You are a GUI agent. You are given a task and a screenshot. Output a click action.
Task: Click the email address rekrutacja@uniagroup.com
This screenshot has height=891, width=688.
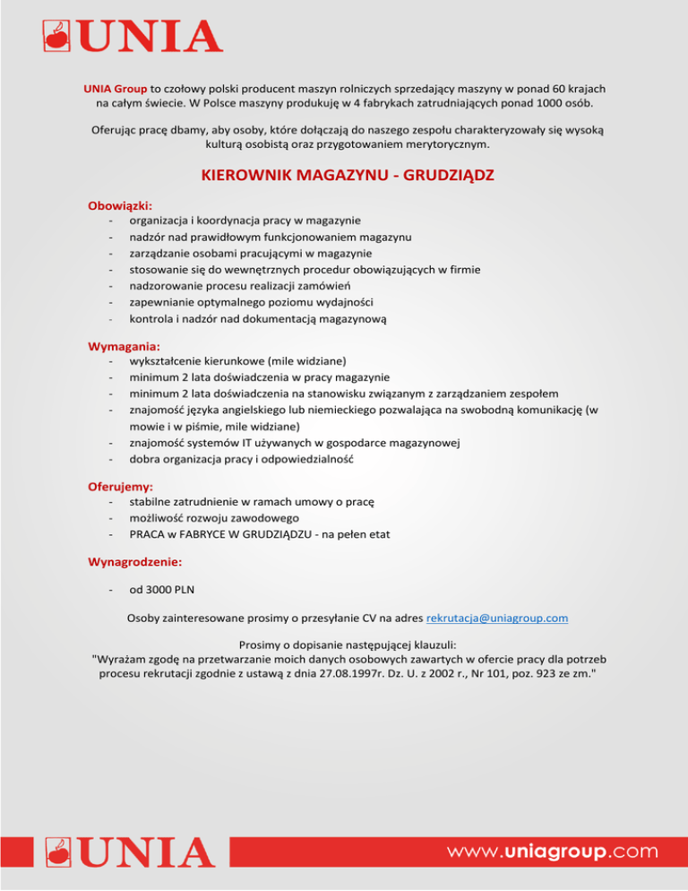point(497,618)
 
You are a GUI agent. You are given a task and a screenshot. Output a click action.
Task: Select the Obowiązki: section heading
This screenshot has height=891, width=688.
point(119,205)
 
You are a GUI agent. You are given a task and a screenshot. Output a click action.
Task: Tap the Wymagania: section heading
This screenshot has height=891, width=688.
point(124,345)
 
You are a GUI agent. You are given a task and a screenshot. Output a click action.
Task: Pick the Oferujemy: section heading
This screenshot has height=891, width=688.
point(120,486)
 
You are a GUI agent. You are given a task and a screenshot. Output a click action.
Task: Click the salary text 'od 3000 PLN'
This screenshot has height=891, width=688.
point(165,590)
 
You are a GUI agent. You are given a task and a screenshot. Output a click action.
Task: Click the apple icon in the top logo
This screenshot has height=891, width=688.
point(58,36)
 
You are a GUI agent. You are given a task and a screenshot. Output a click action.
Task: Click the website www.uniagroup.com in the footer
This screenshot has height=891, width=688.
point(555,850)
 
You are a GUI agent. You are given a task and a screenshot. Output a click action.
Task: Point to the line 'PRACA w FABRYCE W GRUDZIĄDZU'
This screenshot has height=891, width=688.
point(259,534)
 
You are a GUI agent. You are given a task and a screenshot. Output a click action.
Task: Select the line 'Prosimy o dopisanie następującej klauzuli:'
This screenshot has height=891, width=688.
point(343,644)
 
